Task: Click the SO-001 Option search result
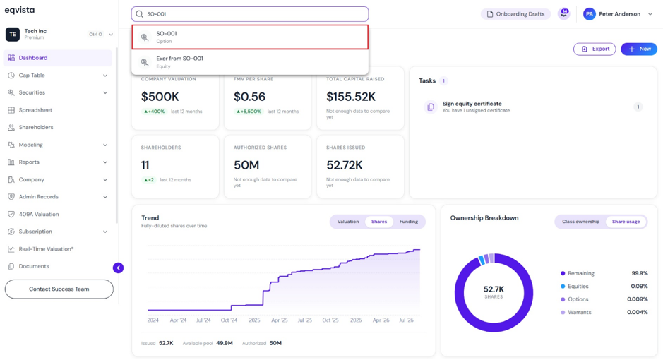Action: point(249,37)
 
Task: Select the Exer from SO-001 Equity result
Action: point(249,62)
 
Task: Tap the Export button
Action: point(595,49)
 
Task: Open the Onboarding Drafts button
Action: point(515,14)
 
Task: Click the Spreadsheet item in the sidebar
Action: point(35,110)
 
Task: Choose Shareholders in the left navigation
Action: point(36,127)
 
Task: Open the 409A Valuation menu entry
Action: point(38,214)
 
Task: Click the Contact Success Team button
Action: point(59,289)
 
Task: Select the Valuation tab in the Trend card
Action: point(348,222)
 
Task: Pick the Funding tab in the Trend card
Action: point(408,222)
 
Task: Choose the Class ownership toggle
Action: point(580,222)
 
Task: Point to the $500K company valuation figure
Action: point(160,97)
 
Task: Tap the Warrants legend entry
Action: point(579,312)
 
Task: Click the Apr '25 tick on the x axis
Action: point(279,320)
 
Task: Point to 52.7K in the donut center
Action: point(494,289)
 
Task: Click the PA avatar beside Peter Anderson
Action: point(589,14)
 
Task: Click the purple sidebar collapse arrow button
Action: point(119,268)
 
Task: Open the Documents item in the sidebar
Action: point(34,266)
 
